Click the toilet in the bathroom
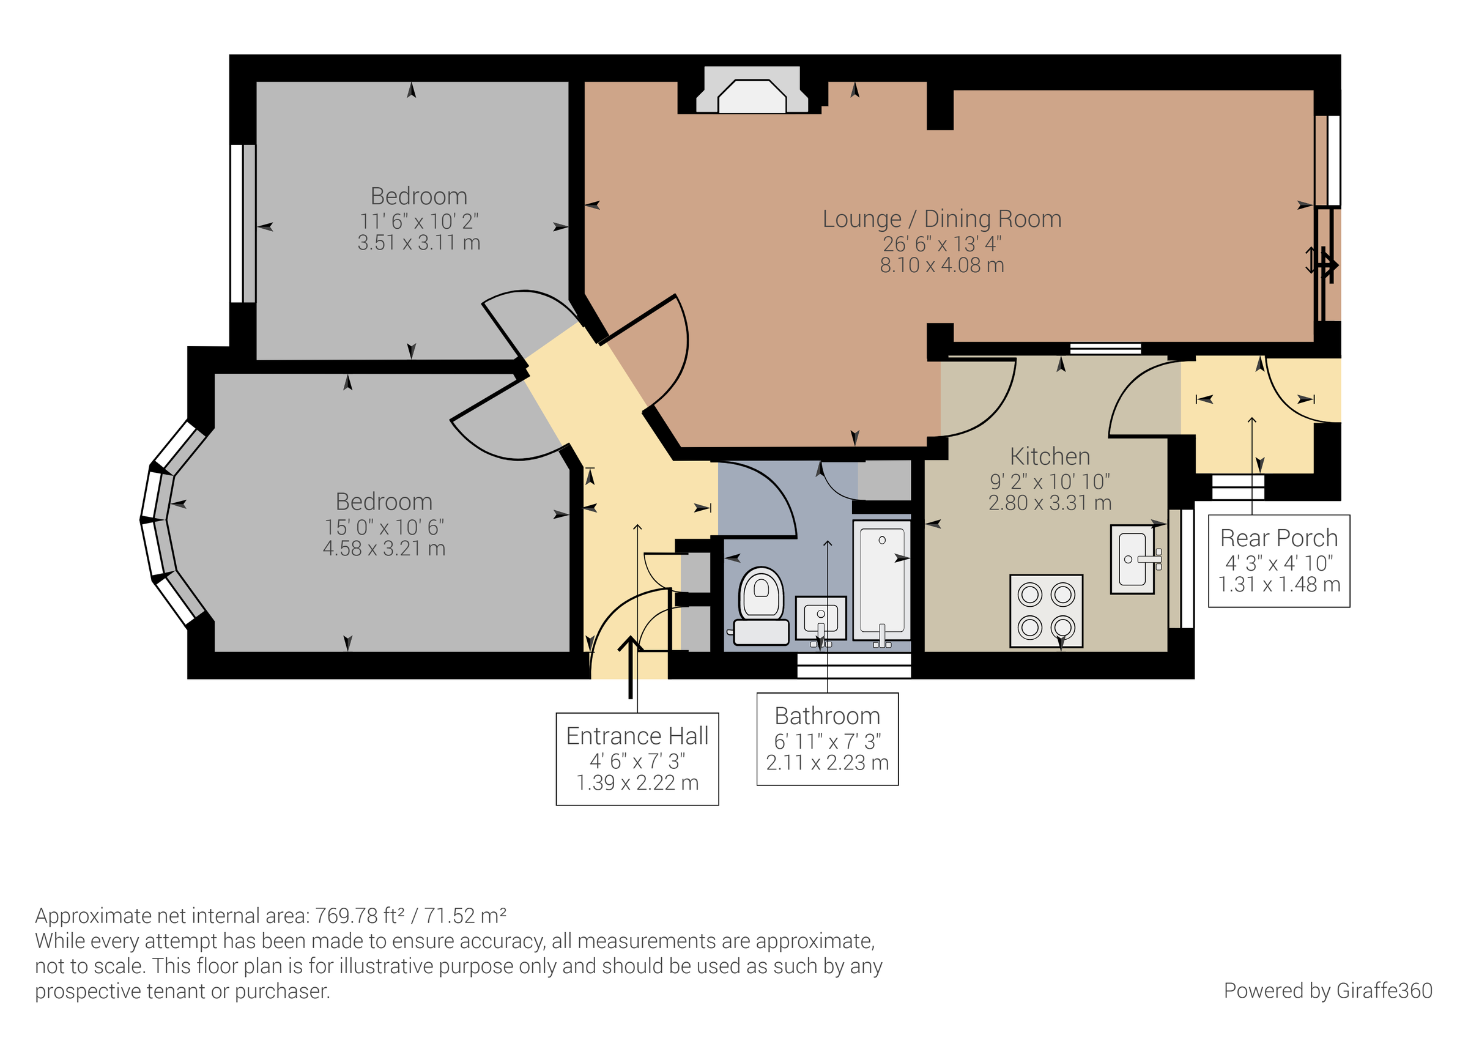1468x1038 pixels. (761, 604)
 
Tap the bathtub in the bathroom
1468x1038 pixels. (881, 580)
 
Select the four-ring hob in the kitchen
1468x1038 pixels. (1046, 611)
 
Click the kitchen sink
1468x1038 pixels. (1132, 560)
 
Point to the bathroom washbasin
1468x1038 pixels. (821, 618)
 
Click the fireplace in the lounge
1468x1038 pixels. (751, 97)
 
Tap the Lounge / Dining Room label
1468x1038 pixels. (941, 220)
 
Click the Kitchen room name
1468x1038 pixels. (1050, 457)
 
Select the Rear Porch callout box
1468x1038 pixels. (1279, 561)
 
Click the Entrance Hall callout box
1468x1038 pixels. (637, 758)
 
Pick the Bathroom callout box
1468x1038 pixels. (828, 739)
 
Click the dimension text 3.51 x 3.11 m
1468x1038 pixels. (419, 243)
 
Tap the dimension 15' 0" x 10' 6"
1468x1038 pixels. (384, 528)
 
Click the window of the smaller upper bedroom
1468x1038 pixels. (243, 223)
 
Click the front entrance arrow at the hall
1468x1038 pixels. (631, 665)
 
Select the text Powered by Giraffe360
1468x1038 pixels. (1327, 991)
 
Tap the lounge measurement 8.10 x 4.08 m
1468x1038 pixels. (941, 265)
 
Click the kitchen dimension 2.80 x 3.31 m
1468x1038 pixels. (1050, 503)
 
